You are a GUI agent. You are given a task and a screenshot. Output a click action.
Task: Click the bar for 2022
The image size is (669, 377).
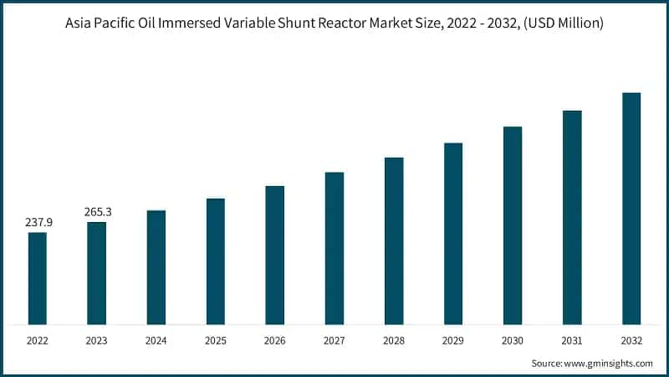click(x=38, y=278)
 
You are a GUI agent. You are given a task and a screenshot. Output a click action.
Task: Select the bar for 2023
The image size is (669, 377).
click(x=97, y=273)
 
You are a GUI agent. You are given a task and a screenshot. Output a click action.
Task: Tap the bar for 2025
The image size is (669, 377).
click(x=216, y=261)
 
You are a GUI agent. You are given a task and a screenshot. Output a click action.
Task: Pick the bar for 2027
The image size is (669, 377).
click(x=334, y=248)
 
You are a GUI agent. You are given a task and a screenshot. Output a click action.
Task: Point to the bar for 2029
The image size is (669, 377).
click(x=453, y=234)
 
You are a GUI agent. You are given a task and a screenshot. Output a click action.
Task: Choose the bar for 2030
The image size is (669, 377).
click(x=513, y=225)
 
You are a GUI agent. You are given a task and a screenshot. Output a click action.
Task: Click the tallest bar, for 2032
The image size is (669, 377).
click(x=631, y=209)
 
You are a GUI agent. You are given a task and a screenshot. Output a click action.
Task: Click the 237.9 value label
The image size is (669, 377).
click(x=38, y=222)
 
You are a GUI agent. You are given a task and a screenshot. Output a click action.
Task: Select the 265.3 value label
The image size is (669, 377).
click(x=98, y=212)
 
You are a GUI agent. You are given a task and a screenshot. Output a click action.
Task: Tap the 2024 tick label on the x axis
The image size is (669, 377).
click(x=156, y=341)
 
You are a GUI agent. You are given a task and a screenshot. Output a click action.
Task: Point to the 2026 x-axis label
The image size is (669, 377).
click(x=275, y=341)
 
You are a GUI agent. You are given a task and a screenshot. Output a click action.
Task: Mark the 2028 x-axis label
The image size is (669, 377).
click(x=394, y=341)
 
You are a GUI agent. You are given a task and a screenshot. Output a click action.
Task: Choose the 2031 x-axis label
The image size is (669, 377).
click(x=572, y=341)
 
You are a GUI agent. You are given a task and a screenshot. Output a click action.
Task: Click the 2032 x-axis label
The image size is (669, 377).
click(x=631, y=341)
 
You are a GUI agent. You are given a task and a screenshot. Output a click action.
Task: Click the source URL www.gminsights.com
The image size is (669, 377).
click(x=609, y=364)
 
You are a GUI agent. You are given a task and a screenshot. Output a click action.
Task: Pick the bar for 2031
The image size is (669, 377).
click(x=572, y=217)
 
